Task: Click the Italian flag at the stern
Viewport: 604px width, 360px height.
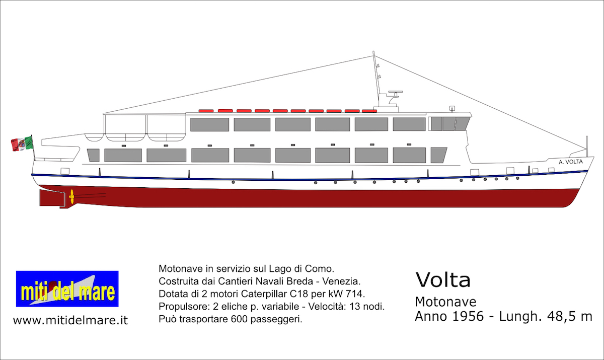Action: [x=22, y=143]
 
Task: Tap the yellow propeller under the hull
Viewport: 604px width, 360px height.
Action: [x=71, y=196]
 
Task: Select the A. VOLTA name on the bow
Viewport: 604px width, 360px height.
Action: [x=571, y=162]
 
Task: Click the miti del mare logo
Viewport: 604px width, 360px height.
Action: [x=67, y=289]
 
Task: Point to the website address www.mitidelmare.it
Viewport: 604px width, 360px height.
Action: [x=70, y=320]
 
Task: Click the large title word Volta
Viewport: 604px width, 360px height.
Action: [x=443, y=280]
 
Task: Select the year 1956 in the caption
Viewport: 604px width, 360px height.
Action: [x=468, y=316]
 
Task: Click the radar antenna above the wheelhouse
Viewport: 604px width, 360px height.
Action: [x=395, y=92]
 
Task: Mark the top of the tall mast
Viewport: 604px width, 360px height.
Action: [x=373, y=51]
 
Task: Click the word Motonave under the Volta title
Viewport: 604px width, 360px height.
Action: [x=445, y=302]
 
